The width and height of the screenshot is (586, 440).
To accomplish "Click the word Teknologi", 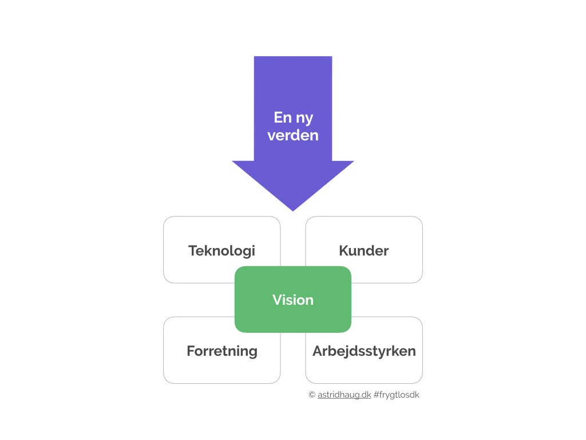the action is coord(221,251).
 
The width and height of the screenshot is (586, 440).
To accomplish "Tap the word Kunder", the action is coord(363,251).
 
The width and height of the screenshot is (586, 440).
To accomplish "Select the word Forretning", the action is coord(222,351).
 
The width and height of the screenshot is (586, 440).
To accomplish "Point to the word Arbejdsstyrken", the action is coord(364,351).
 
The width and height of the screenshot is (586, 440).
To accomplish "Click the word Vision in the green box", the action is coord(293,300).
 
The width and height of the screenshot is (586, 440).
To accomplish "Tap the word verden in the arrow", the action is coord(293,135).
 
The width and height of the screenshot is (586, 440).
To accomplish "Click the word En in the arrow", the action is coord(283,117).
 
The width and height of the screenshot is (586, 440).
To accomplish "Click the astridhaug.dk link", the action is coord(344,395).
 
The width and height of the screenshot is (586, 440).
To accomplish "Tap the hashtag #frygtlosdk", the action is coord(396,395).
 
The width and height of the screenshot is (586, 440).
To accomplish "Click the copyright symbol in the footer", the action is coord(312,395).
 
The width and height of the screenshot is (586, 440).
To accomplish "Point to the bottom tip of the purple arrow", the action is coord(293,211).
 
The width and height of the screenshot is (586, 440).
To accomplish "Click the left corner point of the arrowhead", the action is coord(232,161).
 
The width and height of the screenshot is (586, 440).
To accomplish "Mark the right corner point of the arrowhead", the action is coord(354,161).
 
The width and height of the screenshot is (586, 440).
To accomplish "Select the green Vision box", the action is coord(293,299).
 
